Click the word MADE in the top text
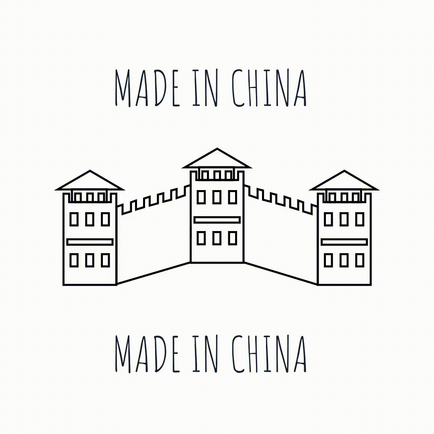click(x=147, y=88)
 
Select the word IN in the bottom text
click(x=205, y=354)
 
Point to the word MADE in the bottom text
click(x=147, y=354)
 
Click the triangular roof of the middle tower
click(x=217, y=160)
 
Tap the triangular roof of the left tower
click(x=90, y=182)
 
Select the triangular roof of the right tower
click(x=344, y=182)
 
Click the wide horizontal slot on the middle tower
click(x=217, y=220)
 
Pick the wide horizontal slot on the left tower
click(x=90, y=242)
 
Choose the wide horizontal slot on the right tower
click(x=344, y=242)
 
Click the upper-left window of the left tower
click(x=74, y=219)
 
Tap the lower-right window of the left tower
click(x=105, y=260)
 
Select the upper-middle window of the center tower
click(x=217, y=197)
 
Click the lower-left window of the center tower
click(x=201, y=238)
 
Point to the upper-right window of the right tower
click(x=360, y=219)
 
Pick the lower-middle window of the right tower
click(x=344, y=260)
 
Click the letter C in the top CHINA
click(x=239, y=88)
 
